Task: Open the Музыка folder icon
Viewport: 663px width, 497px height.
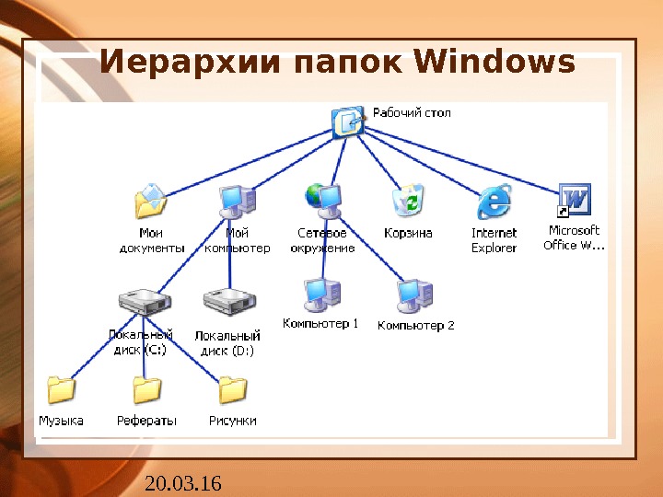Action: click(x=61, y=390)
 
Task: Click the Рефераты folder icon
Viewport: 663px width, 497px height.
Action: click(x=146, y=390)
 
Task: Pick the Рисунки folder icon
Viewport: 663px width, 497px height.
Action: click(x=232, y=390)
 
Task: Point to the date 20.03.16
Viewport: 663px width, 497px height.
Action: click(x=183, y=482)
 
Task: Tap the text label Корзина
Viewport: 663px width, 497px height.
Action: click(x=408, y=234)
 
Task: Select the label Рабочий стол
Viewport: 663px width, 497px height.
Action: click(x=411, y=113)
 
